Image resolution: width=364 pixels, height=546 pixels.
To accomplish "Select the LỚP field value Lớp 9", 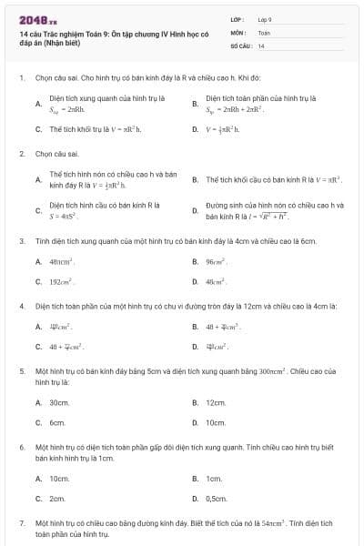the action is pyautogui.click(x=265, y=19).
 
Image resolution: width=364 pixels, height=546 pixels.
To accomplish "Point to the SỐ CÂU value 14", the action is pyautogui.click(x=261, y=45).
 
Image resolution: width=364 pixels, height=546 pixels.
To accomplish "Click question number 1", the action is pyautogui.click(x=22, y=78).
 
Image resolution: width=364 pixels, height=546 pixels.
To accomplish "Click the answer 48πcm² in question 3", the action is pyautogui.click(x=61, y=261).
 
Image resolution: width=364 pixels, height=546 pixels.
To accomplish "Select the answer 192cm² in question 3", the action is pyautogui.click(x=61, y=281).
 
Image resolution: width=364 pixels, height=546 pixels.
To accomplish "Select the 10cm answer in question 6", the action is pyautogui.click(x=59, y=478).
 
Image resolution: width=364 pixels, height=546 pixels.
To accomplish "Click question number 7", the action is pyautogui.click(x=22, y=524).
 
